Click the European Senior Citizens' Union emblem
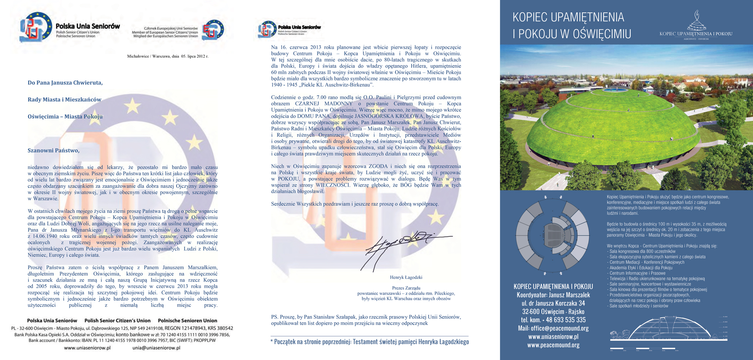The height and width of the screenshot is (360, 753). [x=213, y=30]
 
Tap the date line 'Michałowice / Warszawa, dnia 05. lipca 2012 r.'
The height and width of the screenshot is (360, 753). [x=168, y=56]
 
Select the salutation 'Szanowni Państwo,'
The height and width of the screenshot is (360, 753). [x=54, y=151]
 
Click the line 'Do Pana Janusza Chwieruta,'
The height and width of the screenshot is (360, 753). [x=65, y=83]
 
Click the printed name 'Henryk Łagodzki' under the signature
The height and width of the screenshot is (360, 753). [x=406, y=278]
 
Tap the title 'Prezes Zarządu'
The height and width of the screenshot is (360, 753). [x=406, y=288]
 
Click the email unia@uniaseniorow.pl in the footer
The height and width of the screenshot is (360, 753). [x=156, y=348]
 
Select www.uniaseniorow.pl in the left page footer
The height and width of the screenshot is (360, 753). [x=87, y=348]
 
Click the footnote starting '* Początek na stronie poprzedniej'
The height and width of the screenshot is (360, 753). [x=370, y=342]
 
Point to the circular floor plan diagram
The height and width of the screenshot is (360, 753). [x=553, y=235]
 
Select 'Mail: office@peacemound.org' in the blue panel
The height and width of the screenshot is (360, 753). [x=553, y=328]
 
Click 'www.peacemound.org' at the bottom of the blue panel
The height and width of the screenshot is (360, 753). [x=553, y=345]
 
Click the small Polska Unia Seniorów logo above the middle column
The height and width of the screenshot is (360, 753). [x=267, y=29]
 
